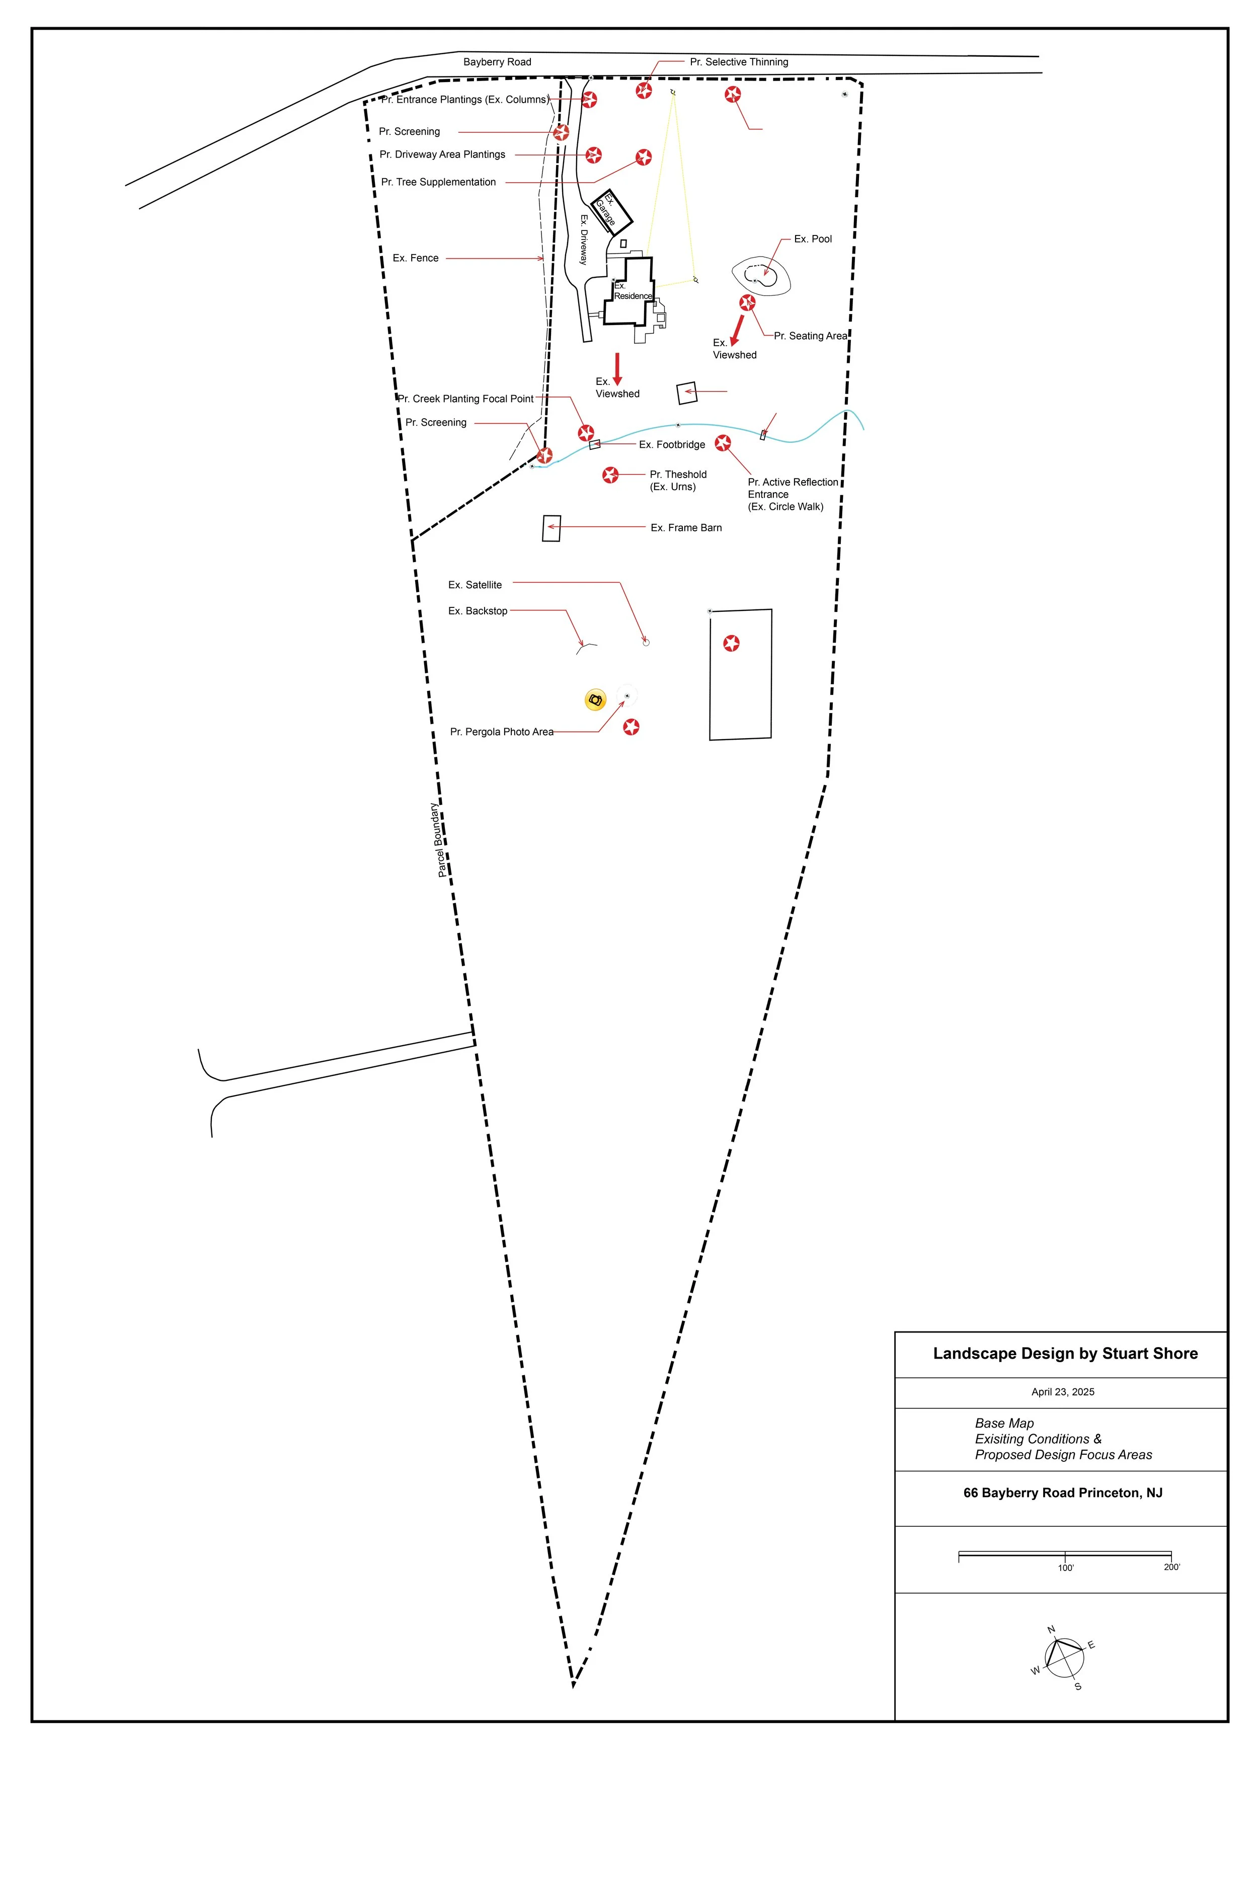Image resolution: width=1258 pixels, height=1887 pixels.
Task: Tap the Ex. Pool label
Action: pos(813,239)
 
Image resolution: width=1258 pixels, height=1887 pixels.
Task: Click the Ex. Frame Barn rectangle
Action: pos(551,528)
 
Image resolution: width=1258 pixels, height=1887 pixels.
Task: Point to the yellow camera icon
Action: pos(594,700)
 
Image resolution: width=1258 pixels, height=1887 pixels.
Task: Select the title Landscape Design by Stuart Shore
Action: pos(1065,1354)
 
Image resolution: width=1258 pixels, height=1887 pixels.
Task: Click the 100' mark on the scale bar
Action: pos(1065,1567)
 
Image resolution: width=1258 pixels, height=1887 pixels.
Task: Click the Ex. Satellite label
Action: pos(475,585)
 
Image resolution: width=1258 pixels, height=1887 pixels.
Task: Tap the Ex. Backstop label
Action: pos(478,611)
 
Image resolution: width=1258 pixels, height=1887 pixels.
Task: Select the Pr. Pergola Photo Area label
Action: pos(501,732)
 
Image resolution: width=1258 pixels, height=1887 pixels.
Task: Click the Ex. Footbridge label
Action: pos(672,444)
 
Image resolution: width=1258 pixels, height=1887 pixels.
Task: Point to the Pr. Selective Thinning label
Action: pos(738,62)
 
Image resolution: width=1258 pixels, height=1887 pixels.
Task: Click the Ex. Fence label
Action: pos(416,258)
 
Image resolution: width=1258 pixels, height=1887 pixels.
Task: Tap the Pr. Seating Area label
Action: pos(810,336)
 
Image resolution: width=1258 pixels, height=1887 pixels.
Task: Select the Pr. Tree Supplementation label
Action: pos(438,182)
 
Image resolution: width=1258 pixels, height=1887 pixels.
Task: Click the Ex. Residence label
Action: pos(632,291)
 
